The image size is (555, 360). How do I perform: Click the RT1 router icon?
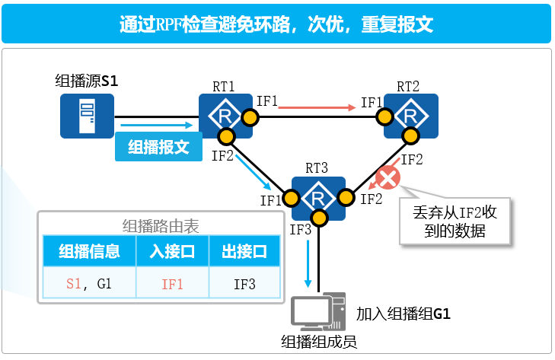(225, 116)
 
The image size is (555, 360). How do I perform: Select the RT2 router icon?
(411, 116)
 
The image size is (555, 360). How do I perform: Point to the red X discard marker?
(388, 179)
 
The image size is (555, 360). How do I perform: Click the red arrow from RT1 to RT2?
(317, 108)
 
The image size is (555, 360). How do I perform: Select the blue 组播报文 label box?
(158, 147)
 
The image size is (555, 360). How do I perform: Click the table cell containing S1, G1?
(88, 285)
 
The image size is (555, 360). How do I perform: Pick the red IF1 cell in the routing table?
(173, 285)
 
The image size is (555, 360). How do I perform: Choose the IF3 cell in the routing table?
(244, 285)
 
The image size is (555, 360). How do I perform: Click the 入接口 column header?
(173, 250)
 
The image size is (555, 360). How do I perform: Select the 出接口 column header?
(244, 250)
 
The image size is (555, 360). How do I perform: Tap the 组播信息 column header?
(88, 250)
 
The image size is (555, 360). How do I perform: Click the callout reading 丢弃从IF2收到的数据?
(455, 220)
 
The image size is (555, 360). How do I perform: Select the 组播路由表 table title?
(161, 225)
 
